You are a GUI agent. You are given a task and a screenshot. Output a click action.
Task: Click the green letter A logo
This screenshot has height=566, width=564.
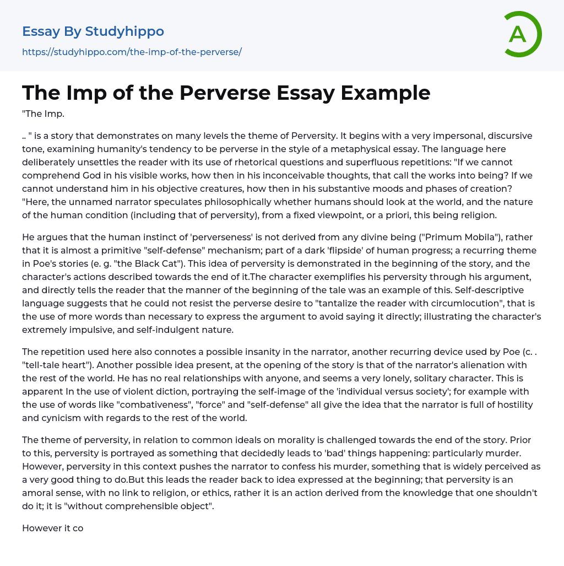(520, 34)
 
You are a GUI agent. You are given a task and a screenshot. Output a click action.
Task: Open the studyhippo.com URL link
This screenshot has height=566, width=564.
(132, 52)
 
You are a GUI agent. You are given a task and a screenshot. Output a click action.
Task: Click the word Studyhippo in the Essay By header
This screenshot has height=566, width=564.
(124, 31)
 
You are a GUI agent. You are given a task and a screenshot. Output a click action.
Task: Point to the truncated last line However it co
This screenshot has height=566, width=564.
(53, 528)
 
